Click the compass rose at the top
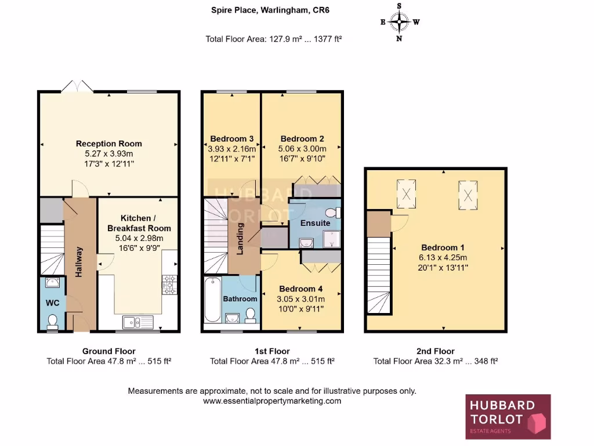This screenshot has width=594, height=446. pos(400,23)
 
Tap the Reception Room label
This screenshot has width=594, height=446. pos(108,143)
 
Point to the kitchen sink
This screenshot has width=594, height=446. pos(136,322)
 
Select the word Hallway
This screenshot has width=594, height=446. pos(79,262)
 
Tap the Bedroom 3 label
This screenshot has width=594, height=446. pos(231,139)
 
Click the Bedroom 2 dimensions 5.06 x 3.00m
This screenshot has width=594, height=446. pos(302,149)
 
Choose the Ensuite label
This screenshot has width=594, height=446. pos(316,223)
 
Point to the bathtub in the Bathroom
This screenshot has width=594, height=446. pos(211,300)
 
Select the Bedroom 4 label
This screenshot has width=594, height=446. pos(300,289)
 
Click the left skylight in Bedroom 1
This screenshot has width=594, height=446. pos(406,194)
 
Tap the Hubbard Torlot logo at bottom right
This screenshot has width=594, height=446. pos(508,416)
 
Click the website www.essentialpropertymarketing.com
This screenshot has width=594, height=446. pos(272,401)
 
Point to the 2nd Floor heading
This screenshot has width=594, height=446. pos(436,351)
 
